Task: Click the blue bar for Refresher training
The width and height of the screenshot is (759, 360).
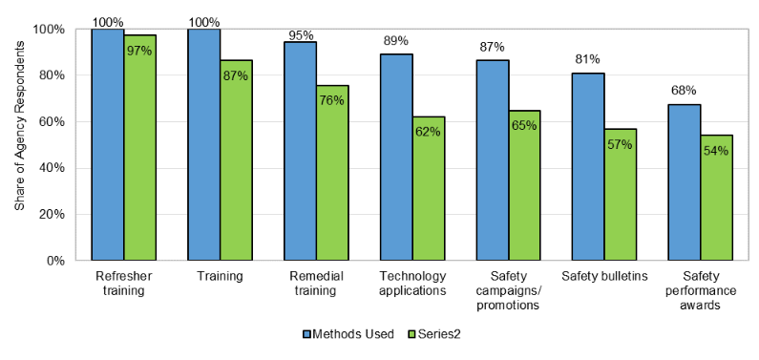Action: (x=108, y=144)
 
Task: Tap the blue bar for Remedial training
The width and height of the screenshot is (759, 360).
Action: (x=300, y=151)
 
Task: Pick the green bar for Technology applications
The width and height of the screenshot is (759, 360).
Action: (x=429, y=188)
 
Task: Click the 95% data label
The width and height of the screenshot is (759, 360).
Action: (x=302, y=35)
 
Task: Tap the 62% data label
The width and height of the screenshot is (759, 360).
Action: (x=429, y=131)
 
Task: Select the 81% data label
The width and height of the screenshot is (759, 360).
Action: (x=589, y=59)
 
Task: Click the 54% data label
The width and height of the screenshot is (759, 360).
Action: (x=716, y=150)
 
